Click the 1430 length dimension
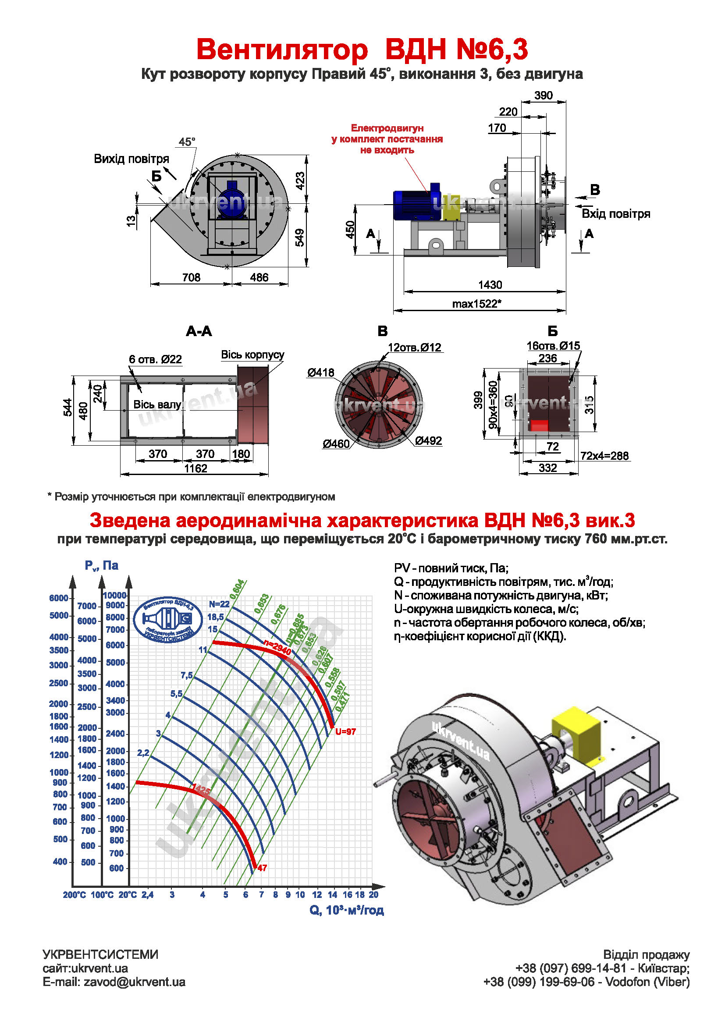click(x=490, y=285)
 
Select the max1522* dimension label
click(x=476, y=304)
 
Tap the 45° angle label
click(x=187, y=142)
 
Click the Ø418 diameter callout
click(x=320, y=372)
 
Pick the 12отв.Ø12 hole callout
click(x=414, y=348)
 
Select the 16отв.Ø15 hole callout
click(x=553, y=345)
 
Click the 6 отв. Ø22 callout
click(x=155, y=359)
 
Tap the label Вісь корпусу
click(x=252, y=355)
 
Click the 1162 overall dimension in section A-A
click(x=195, y=469)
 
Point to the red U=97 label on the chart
click(x=345, y=732)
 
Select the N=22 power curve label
click(x=219, y=604)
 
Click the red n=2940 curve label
click(x=277, y=648)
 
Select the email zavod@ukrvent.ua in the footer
click(x=135, y=982)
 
